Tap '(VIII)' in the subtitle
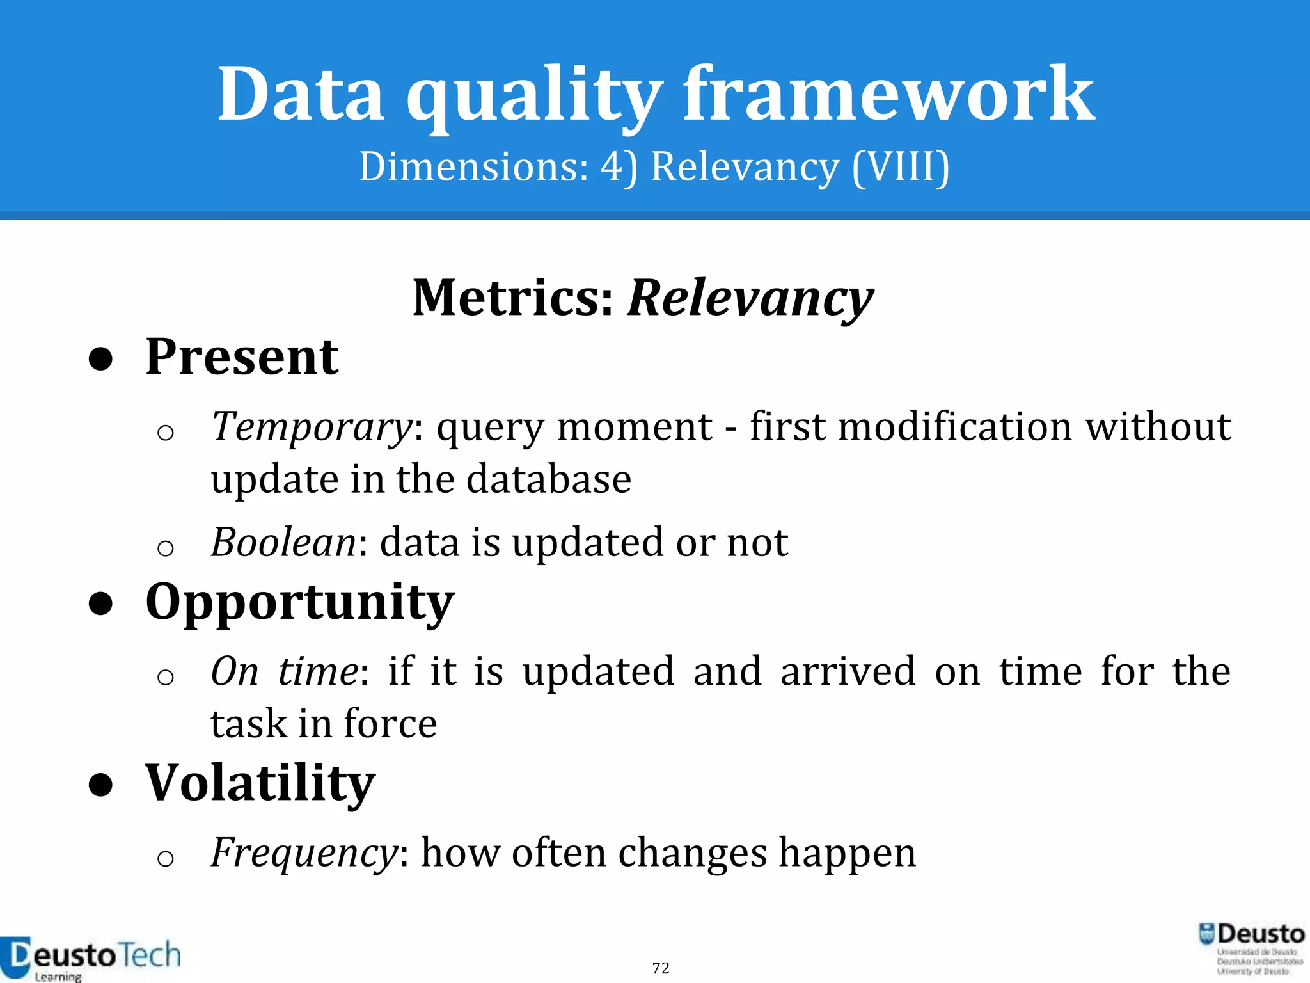click(901, 168)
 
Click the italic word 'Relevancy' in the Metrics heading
click(750, 299)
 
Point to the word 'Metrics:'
click(514, 298)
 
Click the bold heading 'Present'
click(242, 357)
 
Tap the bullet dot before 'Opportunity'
click(101, 603)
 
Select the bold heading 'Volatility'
click(260, 783)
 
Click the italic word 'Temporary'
click(312, 427)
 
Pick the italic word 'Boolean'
click(283, 543)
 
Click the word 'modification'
click(954, 427)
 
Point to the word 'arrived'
click(848, 671)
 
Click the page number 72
click(661, 968)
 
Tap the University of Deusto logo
click(1252, 948)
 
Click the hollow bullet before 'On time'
click(165, 676)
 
